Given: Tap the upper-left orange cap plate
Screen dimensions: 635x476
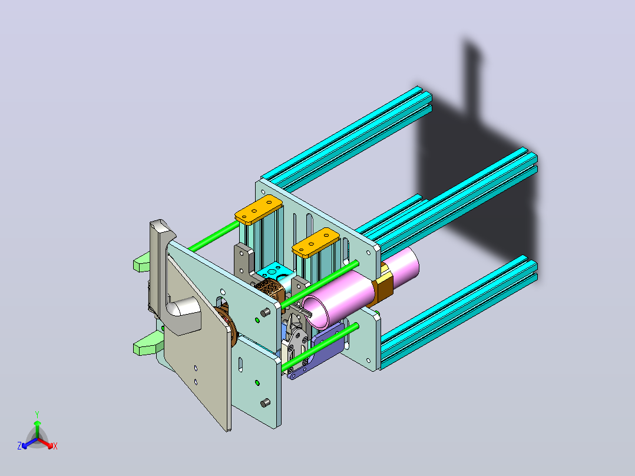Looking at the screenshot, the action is (259, 209).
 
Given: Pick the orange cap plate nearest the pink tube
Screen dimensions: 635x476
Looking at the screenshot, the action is (316, 242).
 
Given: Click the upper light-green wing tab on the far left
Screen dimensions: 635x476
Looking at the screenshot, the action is (142, 262).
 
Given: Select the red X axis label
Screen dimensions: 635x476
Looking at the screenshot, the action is (55, 446).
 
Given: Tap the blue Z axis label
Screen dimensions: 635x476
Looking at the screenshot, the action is (19, 446).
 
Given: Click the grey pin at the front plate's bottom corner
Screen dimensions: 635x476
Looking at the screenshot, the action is (265, 403).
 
